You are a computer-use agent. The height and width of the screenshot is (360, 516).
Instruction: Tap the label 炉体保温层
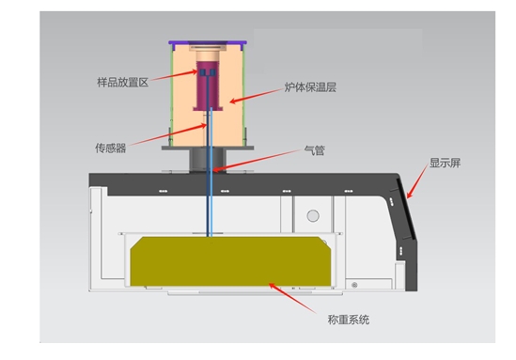tap(308, 90)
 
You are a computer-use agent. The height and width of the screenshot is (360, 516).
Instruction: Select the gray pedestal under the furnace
tap(208, 159)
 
